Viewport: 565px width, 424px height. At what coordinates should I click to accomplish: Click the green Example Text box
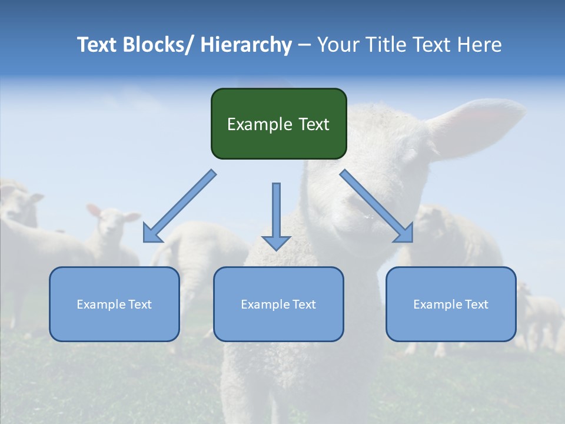(278, 124)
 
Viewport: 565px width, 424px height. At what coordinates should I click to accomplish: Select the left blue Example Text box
(114, 304)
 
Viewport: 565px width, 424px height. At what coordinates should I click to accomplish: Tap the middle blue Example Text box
(278, 304)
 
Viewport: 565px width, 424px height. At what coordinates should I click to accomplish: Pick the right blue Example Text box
(451, 304)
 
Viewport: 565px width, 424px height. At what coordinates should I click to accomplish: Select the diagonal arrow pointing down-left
(180, 206)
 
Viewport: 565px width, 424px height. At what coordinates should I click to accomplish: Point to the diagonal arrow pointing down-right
(377, 206)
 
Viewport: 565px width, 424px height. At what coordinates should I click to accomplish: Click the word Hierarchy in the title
(246, 45)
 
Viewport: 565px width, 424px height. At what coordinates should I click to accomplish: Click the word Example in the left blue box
(101, 304)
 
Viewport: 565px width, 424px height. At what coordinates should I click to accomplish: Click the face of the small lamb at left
(109, 224)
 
